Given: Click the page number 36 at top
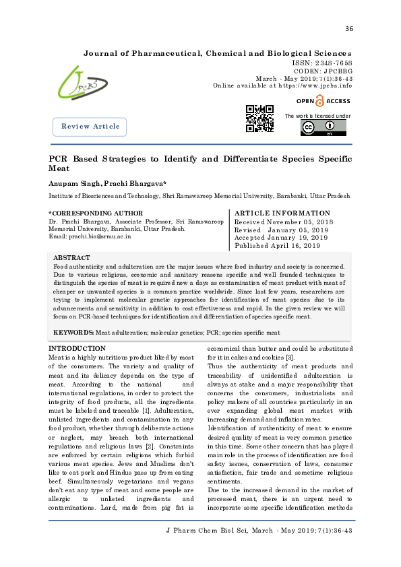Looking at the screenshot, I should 348,28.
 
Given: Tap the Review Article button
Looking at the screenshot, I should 90,127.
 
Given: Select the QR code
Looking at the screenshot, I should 259,119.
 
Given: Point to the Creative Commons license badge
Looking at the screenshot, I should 323,128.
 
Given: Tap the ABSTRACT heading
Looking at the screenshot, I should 71,258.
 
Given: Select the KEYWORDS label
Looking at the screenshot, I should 73,333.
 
